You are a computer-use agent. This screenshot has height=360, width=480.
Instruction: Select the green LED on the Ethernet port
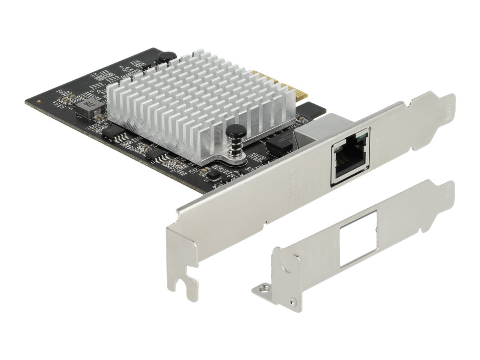tap(362, 139)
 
